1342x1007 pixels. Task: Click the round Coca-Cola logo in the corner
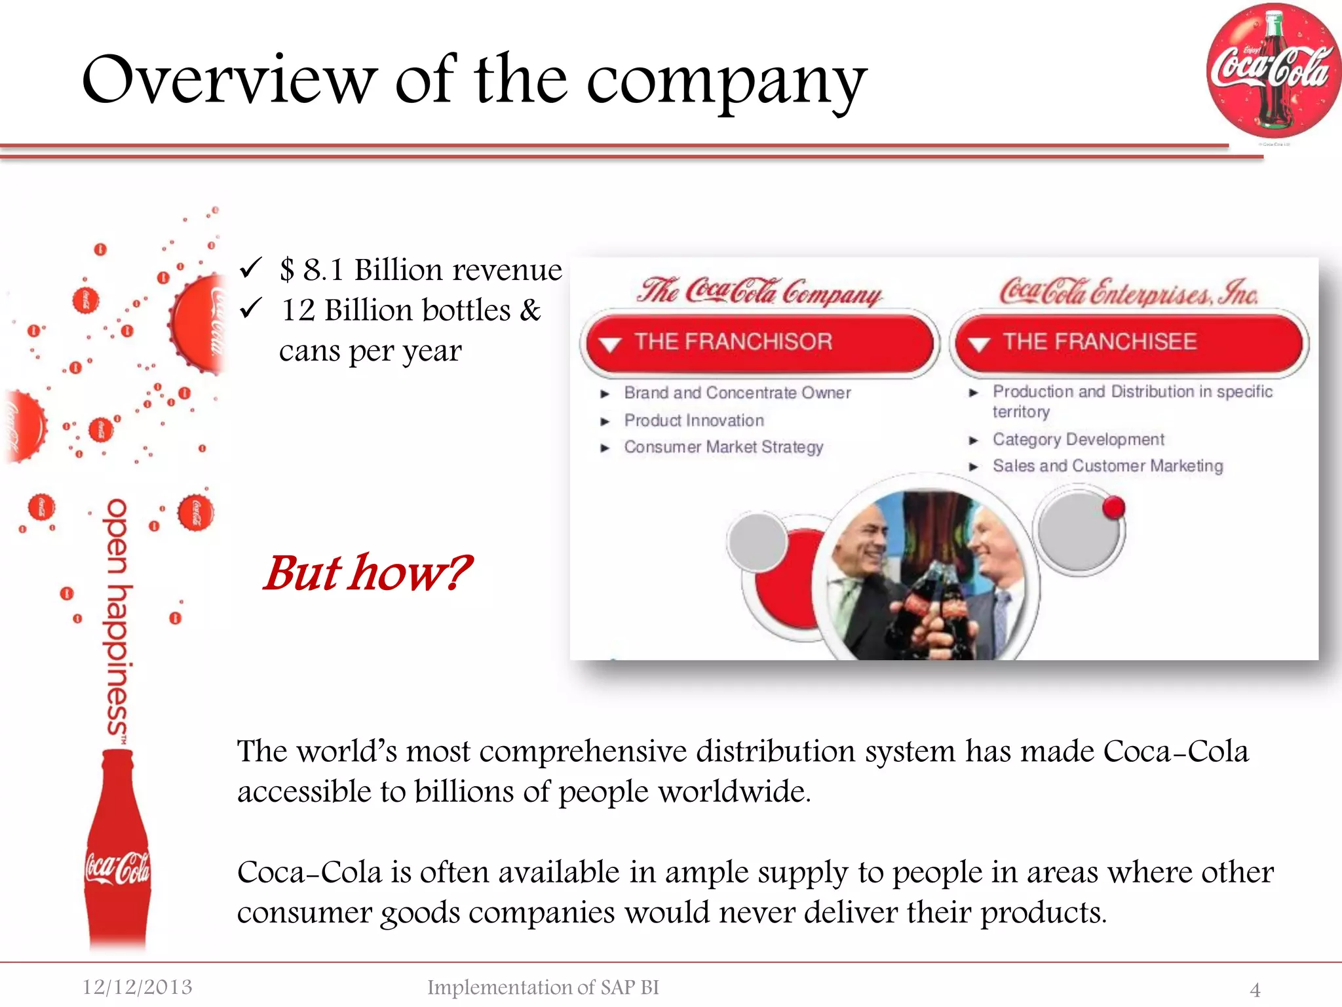[x=1273, y=71]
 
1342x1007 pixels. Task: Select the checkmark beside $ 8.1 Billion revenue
[x=250, y=267]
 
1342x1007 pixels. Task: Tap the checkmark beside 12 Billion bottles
[x=250, y=308]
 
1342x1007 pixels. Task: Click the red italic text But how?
[x=367, y=573]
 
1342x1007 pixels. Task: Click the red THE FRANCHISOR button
[x=759, y=342]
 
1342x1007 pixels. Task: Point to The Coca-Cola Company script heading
[x=760, y=291]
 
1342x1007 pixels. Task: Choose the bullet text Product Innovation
[x=693, y=420]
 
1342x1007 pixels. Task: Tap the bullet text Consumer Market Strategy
[x=723, y=447]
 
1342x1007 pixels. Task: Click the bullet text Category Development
[x=1078, y=439]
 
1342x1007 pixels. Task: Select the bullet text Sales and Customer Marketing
[x=1107, y=466]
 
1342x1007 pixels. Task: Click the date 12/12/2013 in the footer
[x=137, y=987]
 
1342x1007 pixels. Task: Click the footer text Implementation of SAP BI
[x=543, y=987]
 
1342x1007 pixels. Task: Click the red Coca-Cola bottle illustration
[x=118, y=852]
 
